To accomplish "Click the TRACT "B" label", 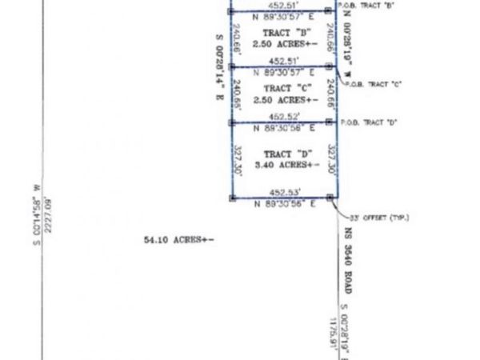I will pyautogui.click(x=281, y=34).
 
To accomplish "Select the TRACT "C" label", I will pyautogui.click(x=280, y=88).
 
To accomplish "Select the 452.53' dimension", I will pyautogui.click(x=282, y=192).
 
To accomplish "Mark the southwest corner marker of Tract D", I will pyautogui.click(x=230, y=198).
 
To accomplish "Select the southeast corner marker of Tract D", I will pyautogui.click(x=330, y=198).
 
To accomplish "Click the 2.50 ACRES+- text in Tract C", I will pyautogui.click(x=281, y=100).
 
